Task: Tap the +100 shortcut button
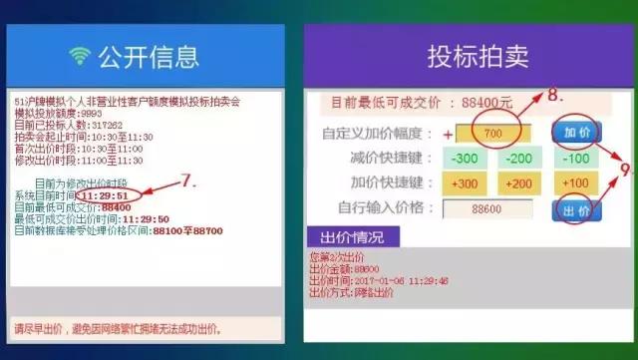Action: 575,183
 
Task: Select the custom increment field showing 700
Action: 492,133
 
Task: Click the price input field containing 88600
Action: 488,209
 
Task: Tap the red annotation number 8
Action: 555,96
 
